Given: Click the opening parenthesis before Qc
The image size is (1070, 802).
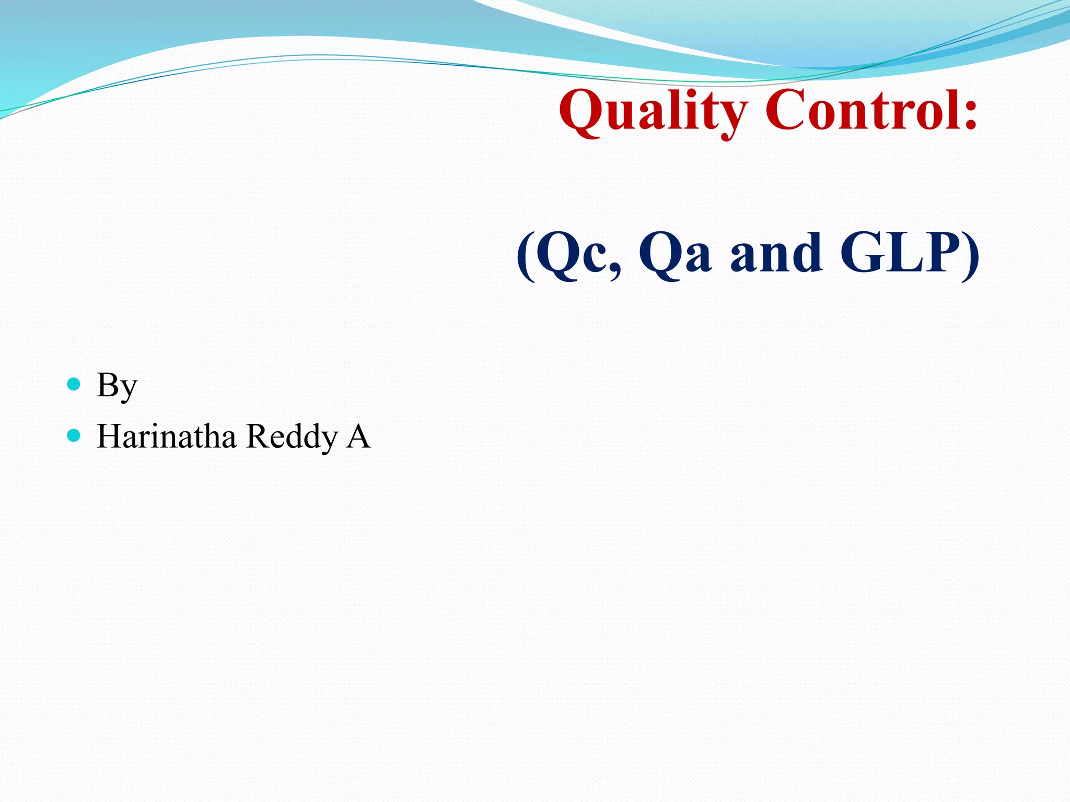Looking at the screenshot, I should [x=526, y=256].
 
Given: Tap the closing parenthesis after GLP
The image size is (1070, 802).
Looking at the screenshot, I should [x=971, y=256].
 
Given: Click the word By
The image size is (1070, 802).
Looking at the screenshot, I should [x=117, y=386].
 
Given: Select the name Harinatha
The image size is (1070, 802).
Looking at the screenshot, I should [x=166, y=437].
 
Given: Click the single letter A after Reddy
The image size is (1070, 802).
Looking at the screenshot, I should [x=358, y=437].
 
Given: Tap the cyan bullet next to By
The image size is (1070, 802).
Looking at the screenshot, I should [x=74, y=384].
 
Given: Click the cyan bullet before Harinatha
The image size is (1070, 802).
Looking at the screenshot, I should [x=74, y=435].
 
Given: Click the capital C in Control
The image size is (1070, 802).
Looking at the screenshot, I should [x=786, y=111].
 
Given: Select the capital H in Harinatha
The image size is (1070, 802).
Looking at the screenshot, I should [x=109, y=437].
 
